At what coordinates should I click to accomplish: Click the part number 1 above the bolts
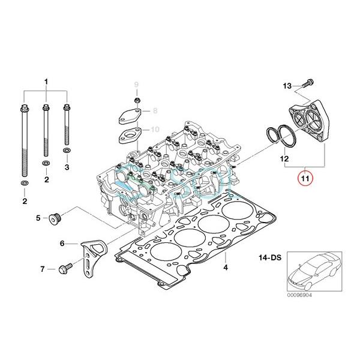45,80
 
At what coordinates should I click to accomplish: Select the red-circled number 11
305,178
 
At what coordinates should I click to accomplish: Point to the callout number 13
287,86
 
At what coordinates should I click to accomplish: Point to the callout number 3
67,166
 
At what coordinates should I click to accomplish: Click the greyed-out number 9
136,83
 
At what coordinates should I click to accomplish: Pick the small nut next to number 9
137,100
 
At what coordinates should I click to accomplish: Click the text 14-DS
270,257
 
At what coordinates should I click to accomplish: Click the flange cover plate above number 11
311,124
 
